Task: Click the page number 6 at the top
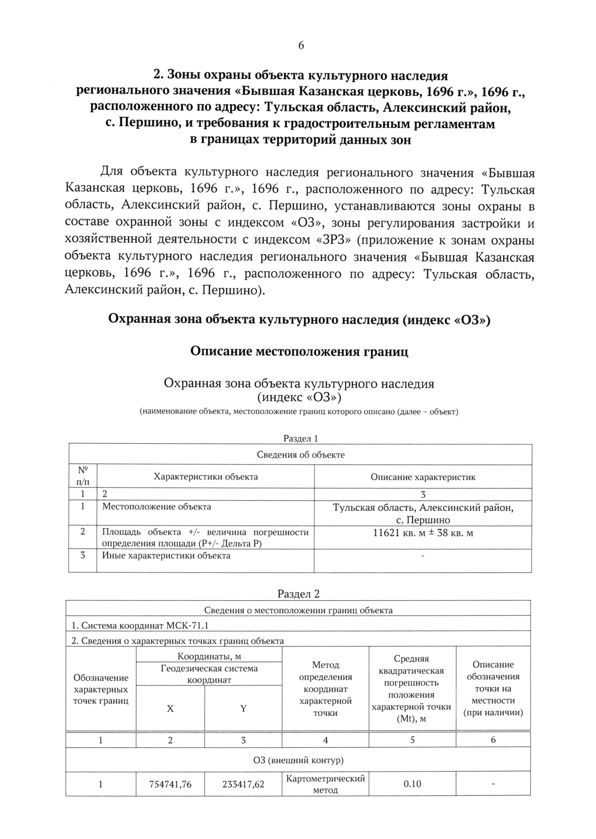tap(300, 46)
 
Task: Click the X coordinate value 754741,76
tap(170, 784)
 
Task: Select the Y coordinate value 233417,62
tap(243, 784)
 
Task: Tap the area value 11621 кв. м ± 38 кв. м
tap(423, 533)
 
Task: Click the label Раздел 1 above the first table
tap(300, 438)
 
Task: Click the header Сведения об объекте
tap(300, 455)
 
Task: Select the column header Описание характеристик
tap(423, 477)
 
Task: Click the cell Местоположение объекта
tap(156, 507)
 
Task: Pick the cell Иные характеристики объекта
tap(166, 556)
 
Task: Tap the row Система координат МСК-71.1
tap(141, 626)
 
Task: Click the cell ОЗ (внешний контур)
tap(298, 760)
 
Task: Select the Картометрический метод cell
tap(325, 784)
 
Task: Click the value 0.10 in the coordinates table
tap(412, 784)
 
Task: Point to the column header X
tap(170, 709)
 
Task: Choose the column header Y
tap(243, 709)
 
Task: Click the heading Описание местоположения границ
tap(299, 351)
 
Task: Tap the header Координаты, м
tap(209, 656)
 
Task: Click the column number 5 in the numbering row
tap(412, 740)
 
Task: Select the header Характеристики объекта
tap(206, 477)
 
